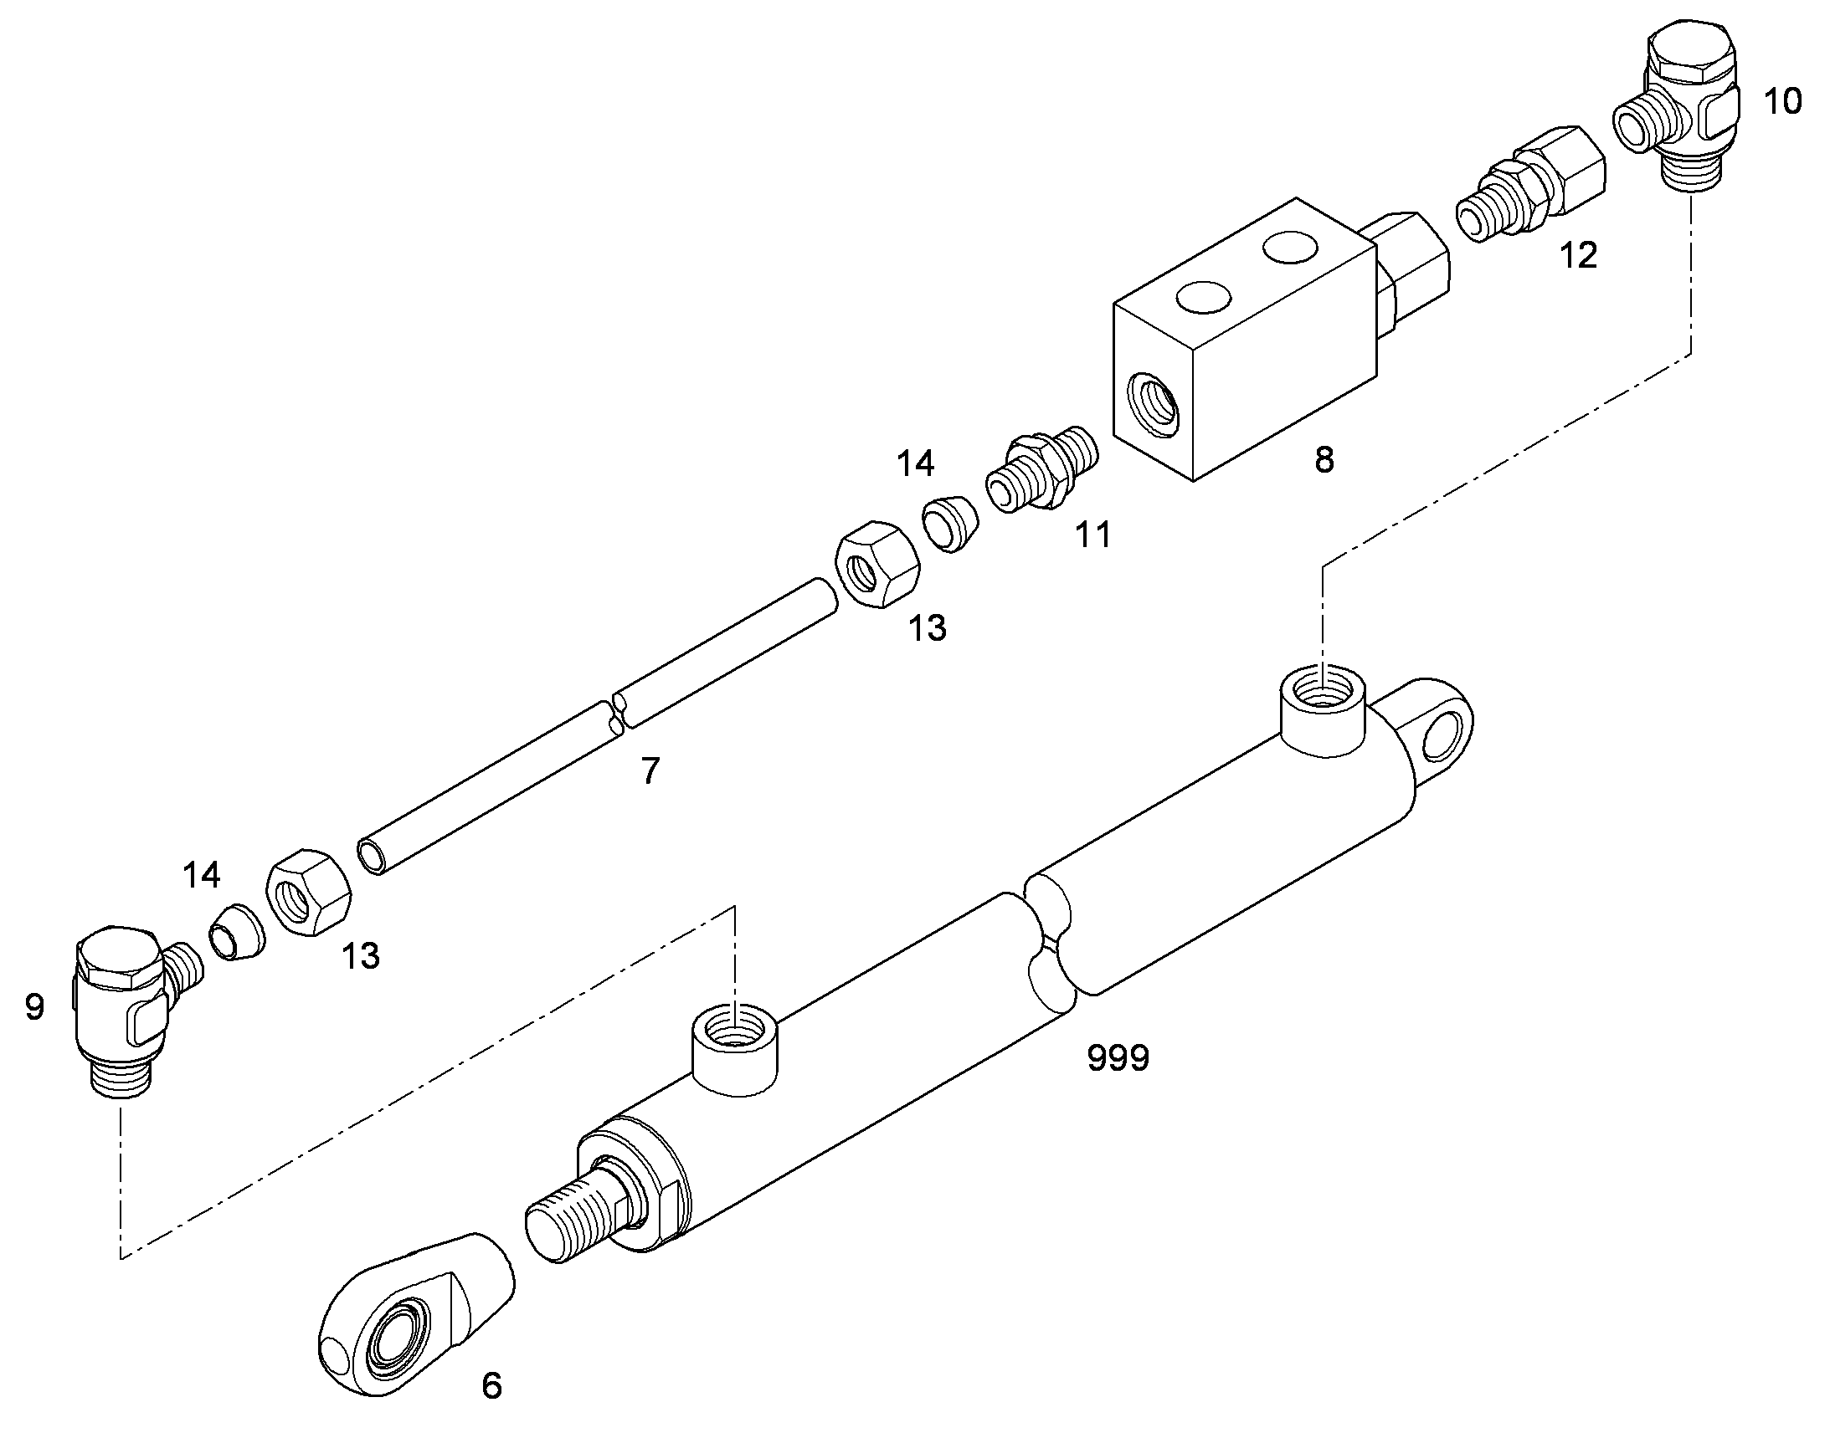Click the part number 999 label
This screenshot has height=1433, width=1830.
[x=1118, y=1058]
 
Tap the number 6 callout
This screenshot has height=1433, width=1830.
[x=492, y=1385]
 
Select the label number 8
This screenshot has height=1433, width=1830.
[x=1324, y=459]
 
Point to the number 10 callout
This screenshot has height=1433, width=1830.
[x=1782, y=101]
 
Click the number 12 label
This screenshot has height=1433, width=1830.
[x=1578, y=255]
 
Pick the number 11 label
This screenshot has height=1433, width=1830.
[x=1093, y=534]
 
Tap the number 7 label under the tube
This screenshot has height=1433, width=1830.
[x=650, y=770]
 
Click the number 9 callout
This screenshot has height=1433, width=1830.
[x=34, y=1006]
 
